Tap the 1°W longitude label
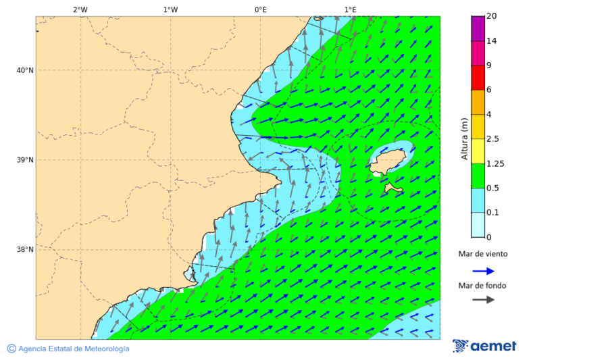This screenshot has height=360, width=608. tap(170, 9)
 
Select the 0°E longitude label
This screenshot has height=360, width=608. tap(260, 9)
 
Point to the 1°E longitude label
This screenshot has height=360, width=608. tap(351, 9)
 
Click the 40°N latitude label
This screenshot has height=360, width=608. tap(25, 70)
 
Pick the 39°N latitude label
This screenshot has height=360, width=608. tap(25, 160)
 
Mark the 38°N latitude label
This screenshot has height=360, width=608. tap(25, 249)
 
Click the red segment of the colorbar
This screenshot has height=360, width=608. tap(478, 78)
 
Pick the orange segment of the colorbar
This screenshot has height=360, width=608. tap(478, 102)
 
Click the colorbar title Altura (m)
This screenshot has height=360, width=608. tap(464, 138)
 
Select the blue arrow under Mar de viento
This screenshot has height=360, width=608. tap(484, 271)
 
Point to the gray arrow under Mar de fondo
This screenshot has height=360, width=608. tap(484, 300)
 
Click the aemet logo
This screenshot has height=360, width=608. tap(484, 346)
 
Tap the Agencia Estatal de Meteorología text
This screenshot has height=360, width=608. tap(68, 349)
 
